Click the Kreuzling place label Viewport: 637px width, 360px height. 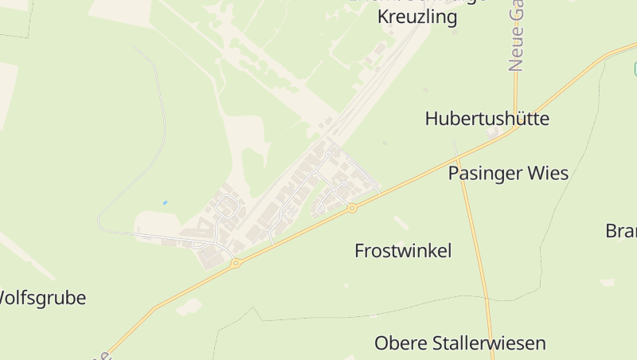(x=417, y=18)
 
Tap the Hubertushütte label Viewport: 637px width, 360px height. (x=487, y=119)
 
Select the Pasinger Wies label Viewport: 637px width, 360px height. (x=508, y=173)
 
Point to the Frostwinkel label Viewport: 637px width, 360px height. (x=403, y=251)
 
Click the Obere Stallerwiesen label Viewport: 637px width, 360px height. (x=460, y=343)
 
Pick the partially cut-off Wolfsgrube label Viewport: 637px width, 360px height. (x=41, y=298)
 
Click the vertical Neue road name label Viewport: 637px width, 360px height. (x=517, y=36)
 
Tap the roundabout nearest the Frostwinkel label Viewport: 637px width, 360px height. (x=351, y=209)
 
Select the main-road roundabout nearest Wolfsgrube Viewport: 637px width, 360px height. (x=236, y=263)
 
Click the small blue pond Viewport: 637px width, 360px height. (x=165, y=203)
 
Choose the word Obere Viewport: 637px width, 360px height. (x=400, y=343)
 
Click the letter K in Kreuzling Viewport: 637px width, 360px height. (x=383, y=18)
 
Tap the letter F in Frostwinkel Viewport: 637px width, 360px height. (x=359, y=251)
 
